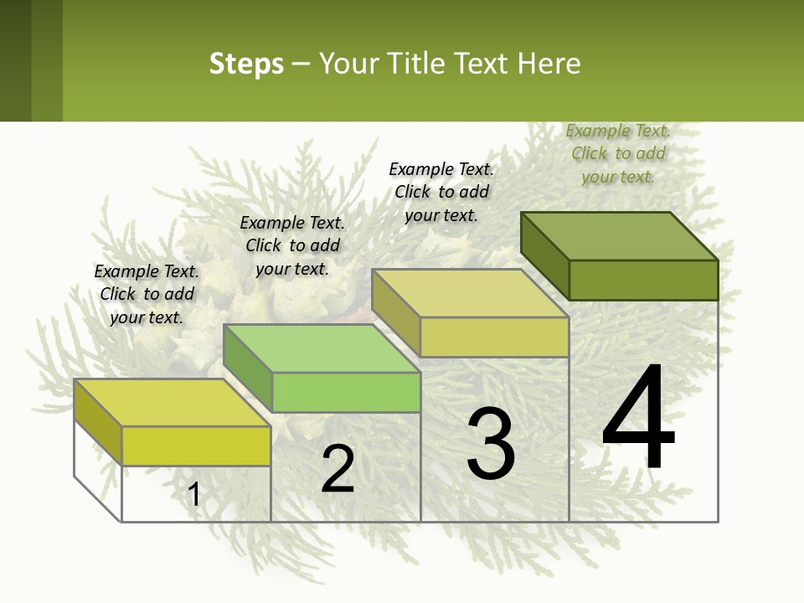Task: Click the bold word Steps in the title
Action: (x=246, y=64)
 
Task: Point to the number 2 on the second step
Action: (x=338, y=469)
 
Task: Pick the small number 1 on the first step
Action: (x=194, y=495)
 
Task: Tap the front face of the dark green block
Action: (x=643, y=280)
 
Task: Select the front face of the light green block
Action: (x=346, y=392)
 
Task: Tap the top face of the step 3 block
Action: (x=471, y=293)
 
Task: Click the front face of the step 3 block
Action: (x=494, y=337)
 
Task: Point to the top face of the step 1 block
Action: (x=173, y=403)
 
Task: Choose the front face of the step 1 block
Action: (x=196, y=446)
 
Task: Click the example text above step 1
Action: (x=147, y=294)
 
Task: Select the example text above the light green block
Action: (x=292, y=245)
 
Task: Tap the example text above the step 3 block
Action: (x=441, y=192)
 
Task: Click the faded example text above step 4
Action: (x=618, y=153)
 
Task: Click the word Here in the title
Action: (x=549, y=64)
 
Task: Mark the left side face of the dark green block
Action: (x=544, y=255)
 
